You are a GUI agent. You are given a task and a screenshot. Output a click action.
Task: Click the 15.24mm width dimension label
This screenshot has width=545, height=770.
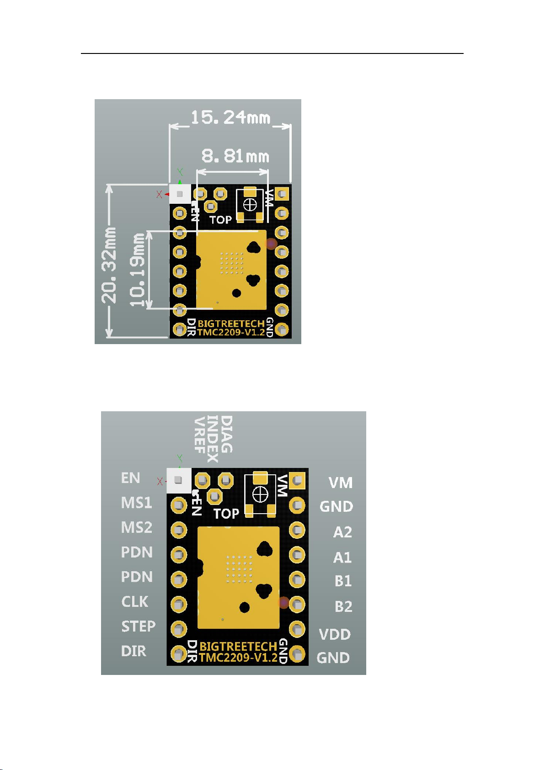point(230,117)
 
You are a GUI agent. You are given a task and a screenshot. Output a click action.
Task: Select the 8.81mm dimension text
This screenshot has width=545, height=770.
point(235,156)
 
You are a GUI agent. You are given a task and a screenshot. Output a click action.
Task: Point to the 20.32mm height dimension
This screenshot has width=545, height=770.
point(109,265)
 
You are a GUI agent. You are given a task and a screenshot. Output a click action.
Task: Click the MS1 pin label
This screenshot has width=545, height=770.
point(137,503)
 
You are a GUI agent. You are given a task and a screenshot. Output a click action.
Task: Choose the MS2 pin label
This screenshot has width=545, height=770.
point(137,528)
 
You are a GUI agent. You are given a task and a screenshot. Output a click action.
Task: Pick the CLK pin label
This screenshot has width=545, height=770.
point(134,602)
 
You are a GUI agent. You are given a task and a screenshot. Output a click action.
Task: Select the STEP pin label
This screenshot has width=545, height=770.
point(138,627)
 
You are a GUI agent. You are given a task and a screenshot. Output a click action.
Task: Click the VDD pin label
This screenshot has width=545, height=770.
point(335,635)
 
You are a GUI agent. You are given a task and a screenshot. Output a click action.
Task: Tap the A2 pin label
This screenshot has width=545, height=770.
point(342,532)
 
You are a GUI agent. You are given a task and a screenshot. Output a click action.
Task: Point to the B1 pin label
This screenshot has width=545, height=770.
point(343,581)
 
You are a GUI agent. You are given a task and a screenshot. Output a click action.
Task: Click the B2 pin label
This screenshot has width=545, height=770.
point(343,606)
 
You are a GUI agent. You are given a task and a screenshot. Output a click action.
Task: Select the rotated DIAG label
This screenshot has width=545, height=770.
point(227,434)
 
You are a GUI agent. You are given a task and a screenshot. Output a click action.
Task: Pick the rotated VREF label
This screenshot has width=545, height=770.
point(200,435)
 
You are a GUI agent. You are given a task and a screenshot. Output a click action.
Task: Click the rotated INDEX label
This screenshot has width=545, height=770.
point(213,439)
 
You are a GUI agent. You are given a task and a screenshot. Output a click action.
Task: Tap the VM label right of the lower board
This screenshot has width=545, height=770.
point(341,483)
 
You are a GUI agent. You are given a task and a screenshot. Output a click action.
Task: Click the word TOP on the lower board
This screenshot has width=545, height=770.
point(226,514)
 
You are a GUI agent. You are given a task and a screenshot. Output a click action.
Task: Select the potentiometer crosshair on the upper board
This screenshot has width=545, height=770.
point(250,205)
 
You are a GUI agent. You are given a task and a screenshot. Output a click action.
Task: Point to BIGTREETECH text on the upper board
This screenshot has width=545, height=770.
point(231,324)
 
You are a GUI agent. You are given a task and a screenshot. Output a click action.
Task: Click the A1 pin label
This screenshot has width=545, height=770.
point(342,557)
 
